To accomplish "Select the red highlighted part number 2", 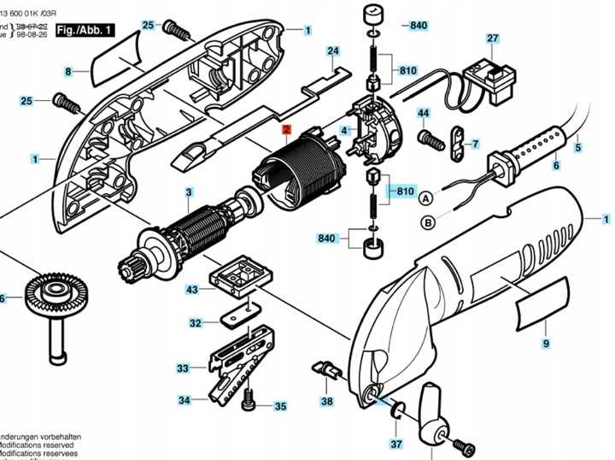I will pos(288,130).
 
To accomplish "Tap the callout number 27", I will pos(492,38).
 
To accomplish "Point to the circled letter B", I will pos(425,223).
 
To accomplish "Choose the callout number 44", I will pos(423,113).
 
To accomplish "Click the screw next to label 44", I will pos(425,136).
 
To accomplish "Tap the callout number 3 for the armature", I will pos(189,192).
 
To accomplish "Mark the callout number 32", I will pos(196,322).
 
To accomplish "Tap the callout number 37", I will pos(395,444).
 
